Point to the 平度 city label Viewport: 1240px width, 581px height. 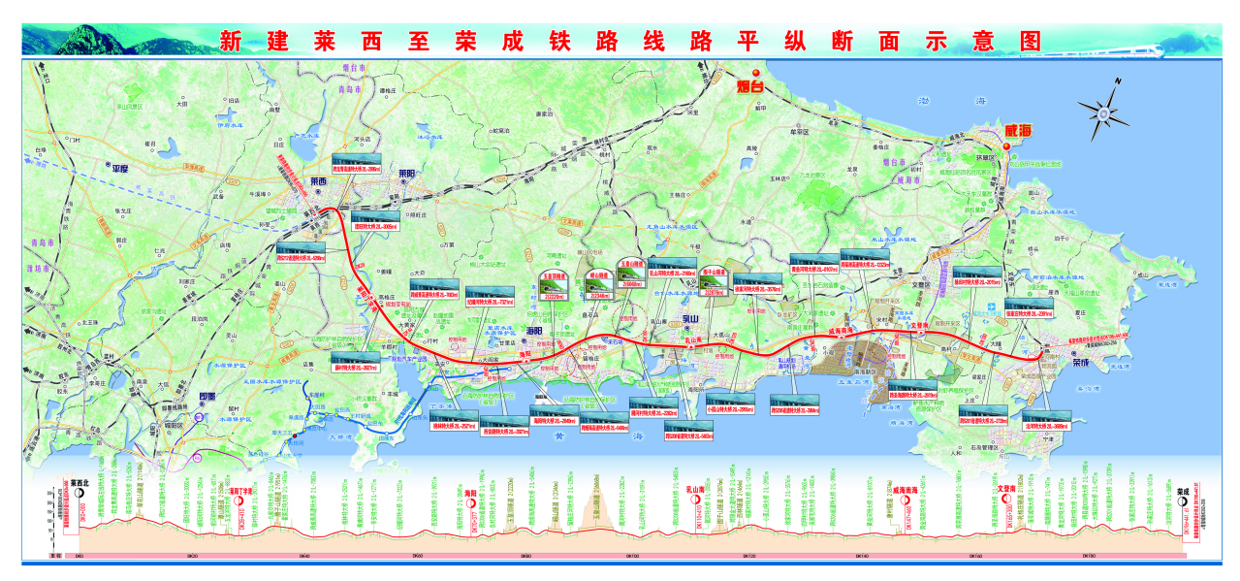click(x=121, y=167)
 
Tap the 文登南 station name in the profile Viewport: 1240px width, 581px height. click(x=1006, y=489)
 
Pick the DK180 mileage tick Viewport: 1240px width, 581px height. click(x=1087, y=556)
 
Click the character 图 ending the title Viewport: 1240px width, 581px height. click(x=1030, y=41)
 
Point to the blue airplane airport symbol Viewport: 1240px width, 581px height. click(x=988, y=307)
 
